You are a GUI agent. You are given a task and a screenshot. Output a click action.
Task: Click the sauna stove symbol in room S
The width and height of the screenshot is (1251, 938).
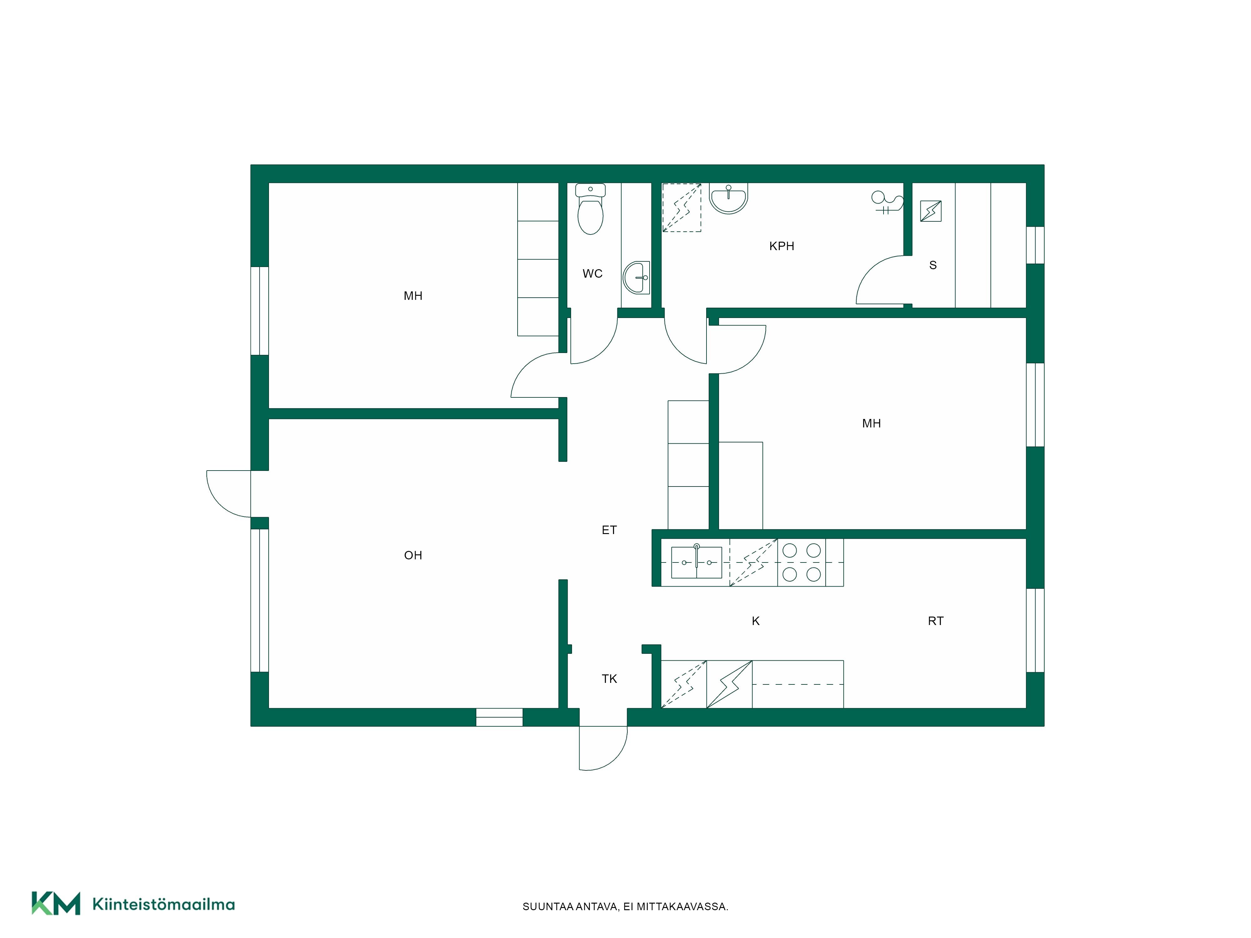coord(930,211)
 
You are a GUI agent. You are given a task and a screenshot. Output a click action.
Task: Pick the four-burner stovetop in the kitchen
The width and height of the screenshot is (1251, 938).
coord(801,562)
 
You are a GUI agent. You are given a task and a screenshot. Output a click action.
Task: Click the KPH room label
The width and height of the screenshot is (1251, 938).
coord(782,246)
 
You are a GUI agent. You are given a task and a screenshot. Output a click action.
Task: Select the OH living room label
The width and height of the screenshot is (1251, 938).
coord(413,555)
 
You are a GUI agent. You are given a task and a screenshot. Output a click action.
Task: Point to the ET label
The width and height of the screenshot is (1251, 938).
coord(609,530)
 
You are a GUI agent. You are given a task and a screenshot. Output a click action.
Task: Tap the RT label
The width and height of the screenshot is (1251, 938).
coord(935,621)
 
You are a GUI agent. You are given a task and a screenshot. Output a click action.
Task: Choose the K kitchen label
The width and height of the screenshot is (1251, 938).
coord(756,621)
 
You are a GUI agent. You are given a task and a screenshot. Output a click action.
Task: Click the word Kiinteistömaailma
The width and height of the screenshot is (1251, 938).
coord(164,904)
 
